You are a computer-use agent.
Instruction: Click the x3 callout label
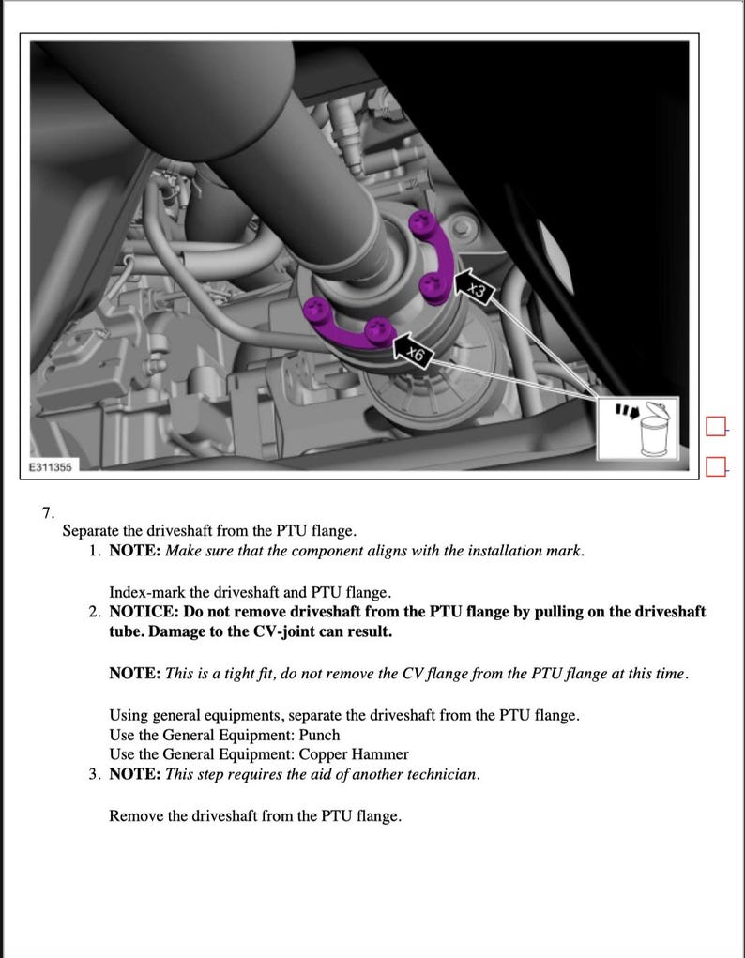[477, 291]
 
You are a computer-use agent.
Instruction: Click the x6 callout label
[416, 354]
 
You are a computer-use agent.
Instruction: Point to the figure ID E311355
[49, 466]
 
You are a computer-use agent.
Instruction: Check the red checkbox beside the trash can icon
[716, 428]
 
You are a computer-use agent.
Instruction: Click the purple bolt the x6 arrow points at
[378, 329]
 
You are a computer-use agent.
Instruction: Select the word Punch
[319, 735]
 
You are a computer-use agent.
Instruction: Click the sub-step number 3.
[95, 774]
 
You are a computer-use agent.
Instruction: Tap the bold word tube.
[125, 631]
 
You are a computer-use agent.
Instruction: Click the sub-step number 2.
[95, 612]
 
